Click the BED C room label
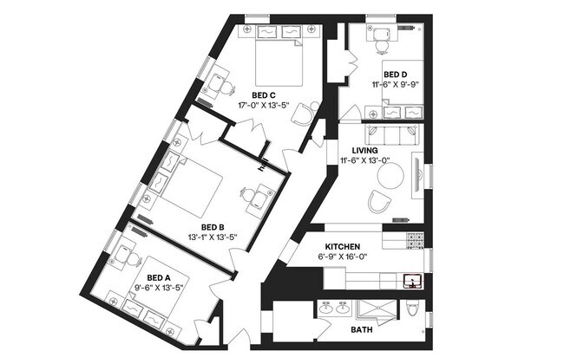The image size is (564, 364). pyautogui.click(x=264, y=95)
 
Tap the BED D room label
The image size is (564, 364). pyautogui.click(x=397, y=75)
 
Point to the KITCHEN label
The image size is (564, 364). pyautogui.click(x=343, y=247)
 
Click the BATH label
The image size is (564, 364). pyautogui.click(x=361, y=330)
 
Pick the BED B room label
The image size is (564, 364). pyautogui.click(x=213, y=227)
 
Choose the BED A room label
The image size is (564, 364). pyautogui.click(x=147, y=278)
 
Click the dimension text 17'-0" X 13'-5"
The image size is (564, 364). pyautogui.click(x=264, y=106)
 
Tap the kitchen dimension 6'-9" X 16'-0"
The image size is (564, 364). pyautogui.click(x=343, y=257)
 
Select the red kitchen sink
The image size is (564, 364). pyautogui.click(x=411, y=279)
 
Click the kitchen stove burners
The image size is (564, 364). pyautogui.click(x=415, y=237)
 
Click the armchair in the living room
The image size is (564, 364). pyautogui.click(x=379, y=203)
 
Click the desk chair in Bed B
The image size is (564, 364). pyautogui.click(x=257, y=201)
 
